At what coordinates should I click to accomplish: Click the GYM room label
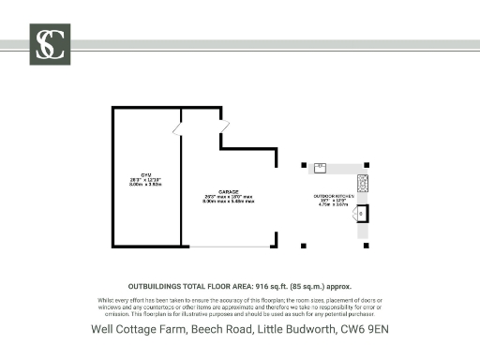tap(145, 181)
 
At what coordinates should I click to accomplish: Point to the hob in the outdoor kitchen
tap(363, 182)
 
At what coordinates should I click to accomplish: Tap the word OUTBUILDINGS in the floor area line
tap(158, 284)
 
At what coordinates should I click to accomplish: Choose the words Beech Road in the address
tap(213, 329)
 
